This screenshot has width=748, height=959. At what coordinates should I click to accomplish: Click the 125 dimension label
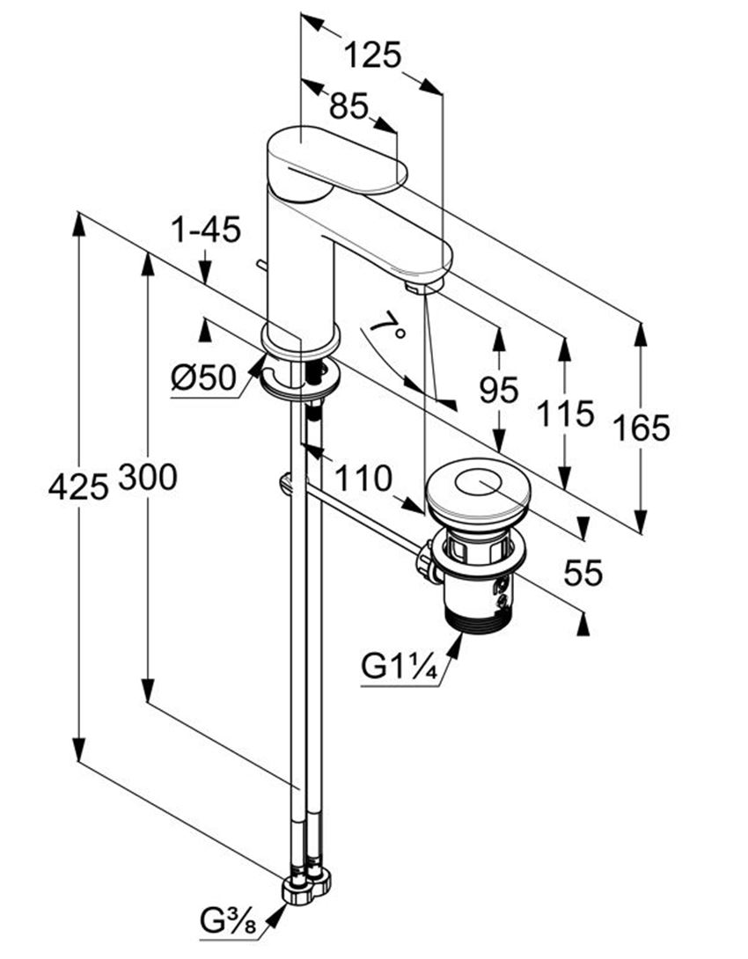tap(372, 55)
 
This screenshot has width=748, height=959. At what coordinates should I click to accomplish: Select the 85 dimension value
tap(349, 106)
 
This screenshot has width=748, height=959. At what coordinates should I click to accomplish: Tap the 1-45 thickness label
tap(206, 231)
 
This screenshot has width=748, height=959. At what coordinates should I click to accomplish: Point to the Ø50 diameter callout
tap(203, 378)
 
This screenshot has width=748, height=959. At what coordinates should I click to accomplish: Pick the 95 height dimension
tap(498, 391)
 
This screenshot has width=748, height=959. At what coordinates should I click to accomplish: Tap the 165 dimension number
tap(642, 428)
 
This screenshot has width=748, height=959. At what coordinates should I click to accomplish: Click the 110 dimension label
tap(363, 479)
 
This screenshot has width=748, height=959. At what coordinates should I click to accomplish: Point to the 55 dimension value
tap(583, 573)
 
